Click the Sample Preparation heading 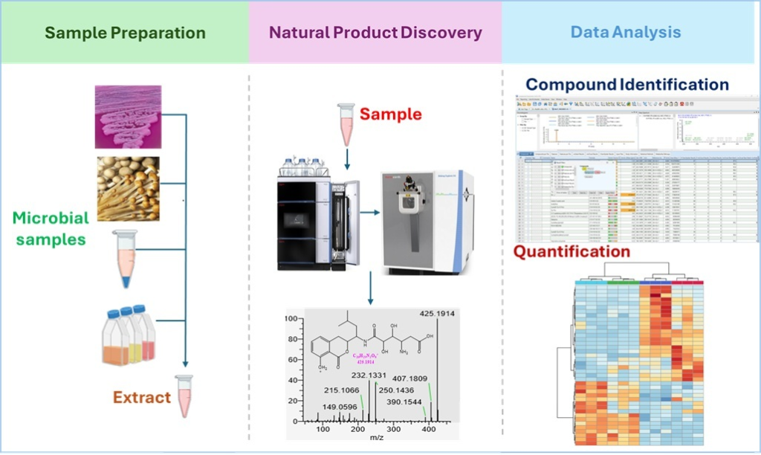click(125, 33)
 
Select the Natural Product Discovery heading click(375, 33)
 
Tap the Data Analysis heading click(626, 33)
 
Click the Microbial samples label click(51, 229)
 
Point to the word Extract click(142, 396)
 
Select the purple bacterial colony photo click(128, 116)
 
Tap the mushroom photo click(128, 188)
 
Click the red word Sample click(391, 114)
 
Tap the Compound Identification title click(627, 85)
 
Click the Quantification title click(571, 251)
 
